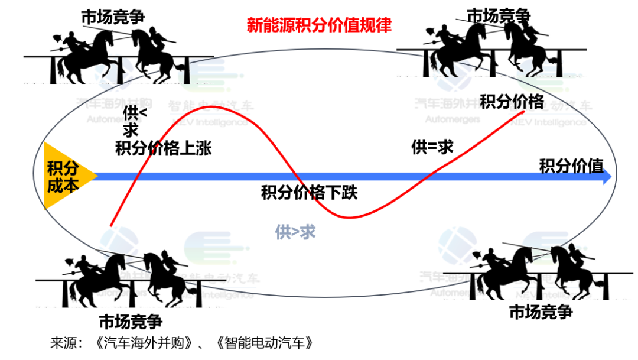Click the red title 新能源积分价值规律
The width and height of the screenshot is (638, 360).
click(319, 27)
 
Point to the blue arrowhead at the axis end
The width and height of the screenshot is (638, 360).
click(607, 178)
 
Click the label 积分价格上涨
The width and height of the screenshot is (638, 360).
click(163, 148)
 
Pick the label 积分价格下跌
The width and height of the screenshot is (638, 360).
click(310, 193)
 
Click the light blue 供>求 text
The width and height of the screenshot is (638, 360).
click(295, 232)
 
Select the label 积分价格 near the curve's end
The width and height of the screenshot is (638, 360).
click(512, 102)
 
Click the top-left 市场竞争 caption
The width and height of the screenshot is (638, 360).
click(113, 18)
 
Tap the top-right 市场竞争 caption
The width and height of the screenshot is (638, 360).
click(499, 15)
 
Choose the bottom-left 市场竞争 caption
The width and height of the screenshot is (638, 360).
click(130, 322)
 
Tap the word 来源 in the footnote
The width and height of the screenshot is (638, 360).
click(64, 343)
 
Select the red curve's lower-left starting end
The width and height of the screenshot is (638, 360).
click(111, 225)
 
